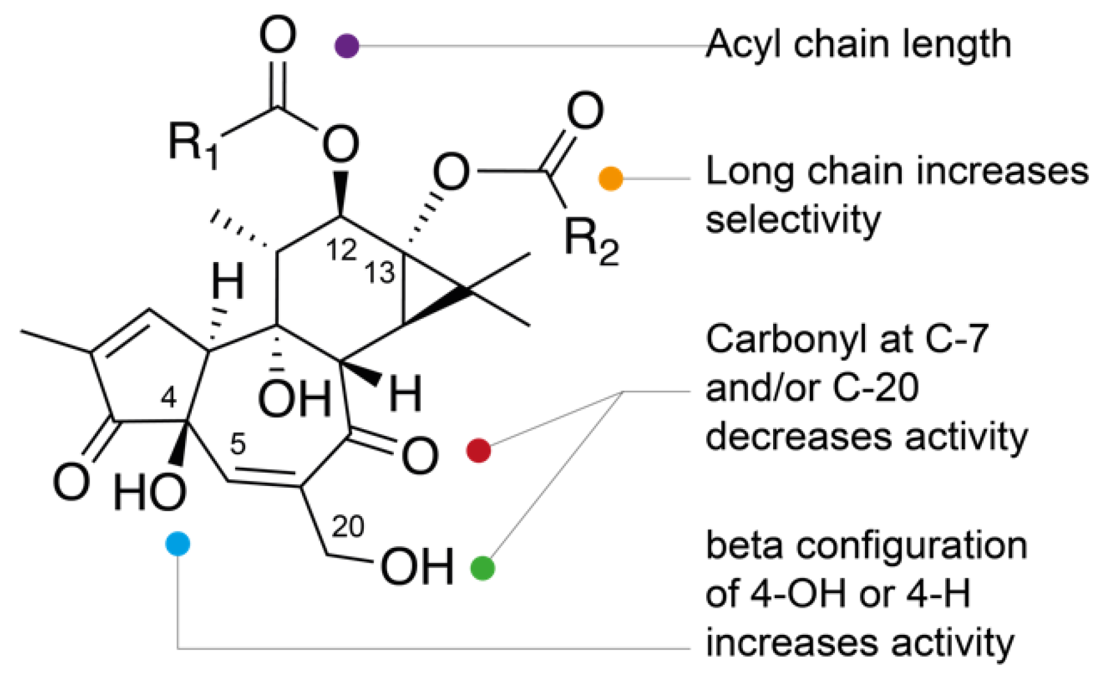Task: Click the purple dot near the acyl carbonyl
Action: [x=347, y=46]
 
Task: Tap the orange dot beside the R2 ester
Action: [x=610, y=178]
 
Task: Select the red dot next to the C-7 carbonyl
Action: [x=478, y=451]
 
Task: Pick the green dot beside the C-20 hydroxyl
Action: [x=482, y=568]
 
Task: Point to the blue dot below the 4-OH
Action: [x=178, y=544]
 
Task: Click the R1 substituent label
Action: [x=193, y=145]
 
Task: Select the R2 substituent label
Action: [x=591, y=242]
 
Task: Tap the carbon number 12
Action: [x=341, y=250]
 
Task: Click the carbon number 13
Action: [x=380, y=272]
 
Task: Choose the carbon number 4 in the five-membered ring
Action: [x=168, y=398]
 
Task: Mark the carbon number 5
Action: [x=238, y=444]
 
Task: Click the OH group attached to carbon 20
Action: [x=417, y=566]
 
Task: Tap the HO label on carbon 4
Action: [x=150, y=493]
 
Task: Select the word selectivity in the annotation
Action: [x=793, y=220]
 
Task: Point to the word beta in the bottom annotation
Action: [x=744, y=545]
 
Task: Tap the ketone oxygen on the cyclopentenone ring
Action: [x=72, y=481]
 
